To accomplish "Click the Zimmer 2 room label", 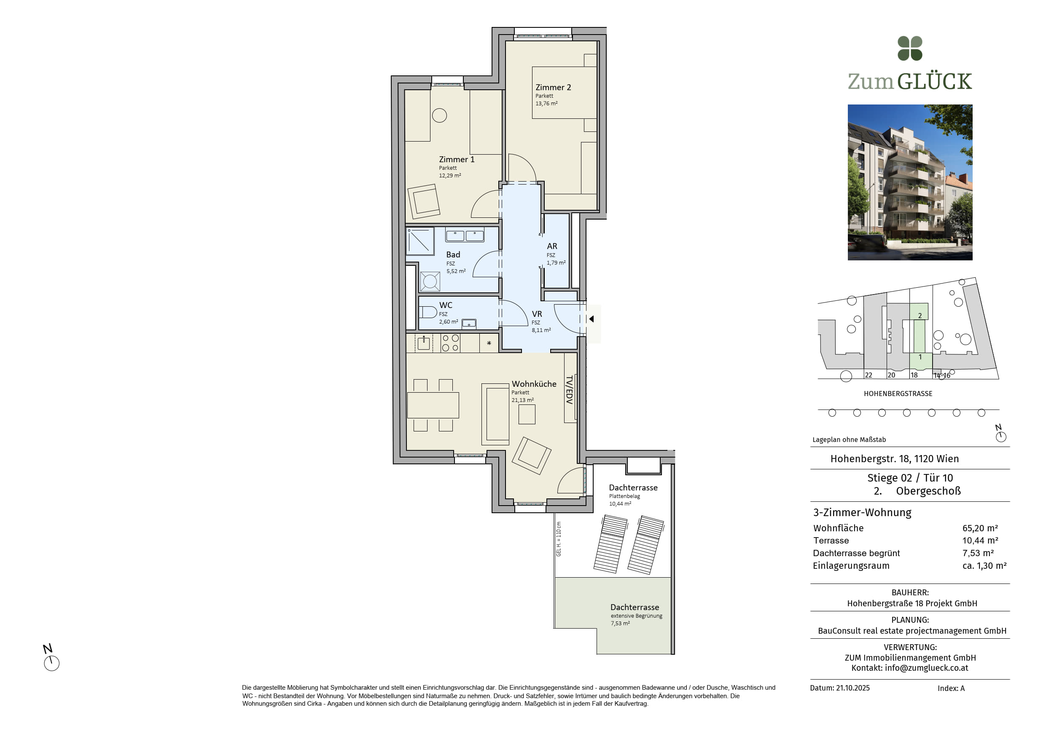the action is click(x=553, y=87).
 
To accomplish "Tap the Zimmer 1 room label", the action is click(x=457, y=159).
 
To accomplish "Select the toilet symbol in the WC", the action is click(x=428, y=312).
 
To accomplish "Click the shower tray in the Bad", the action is click(x=420, y=241).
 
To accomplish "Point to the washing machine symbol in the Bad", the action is click(x=430, y=281).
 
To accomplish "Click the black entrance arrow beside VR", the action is click(x=592, y=319).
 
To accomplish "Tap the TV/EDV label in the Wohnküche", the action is click(x=569, y=390).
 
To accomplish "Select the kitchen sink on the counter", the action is click(x=424, y=343).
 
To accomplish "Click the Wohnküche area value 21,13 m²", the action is click(x=522, y=400).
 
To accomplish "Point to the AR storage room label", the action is click(x=552, y=246).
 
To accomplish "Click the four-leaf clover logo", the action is click(x=910, y=48).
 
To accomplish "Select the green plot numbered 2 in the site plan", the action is click(x=919, y=311).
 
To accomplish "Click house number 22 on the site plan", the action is click(x=869, y=375).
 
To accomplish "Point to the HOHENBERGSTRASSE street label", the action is click(x=898, y=394).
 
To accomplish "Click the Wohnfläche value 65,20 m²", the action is click(x=980, y=528).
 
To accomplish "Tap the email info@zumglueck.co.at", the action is click(x=926, y=668).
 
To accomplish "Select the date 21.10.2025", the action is click(x=853, y=688).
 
